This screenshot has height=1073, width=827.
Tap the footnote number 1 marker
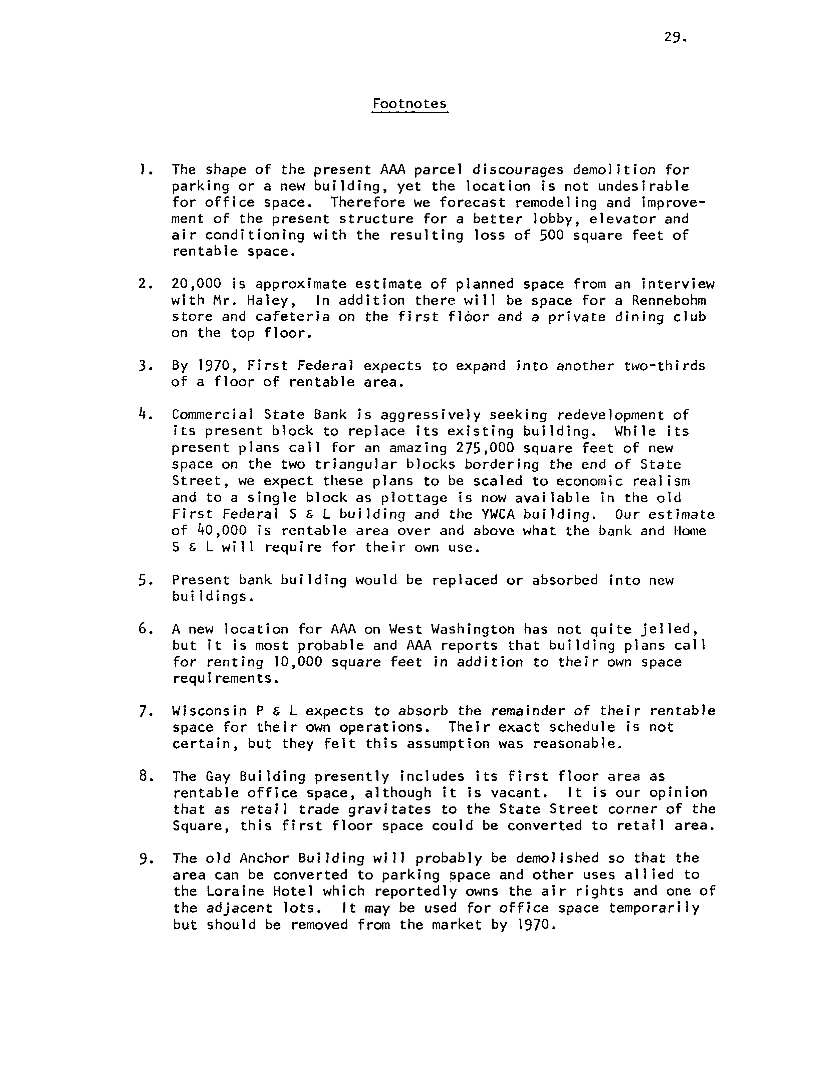[142, 170]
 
